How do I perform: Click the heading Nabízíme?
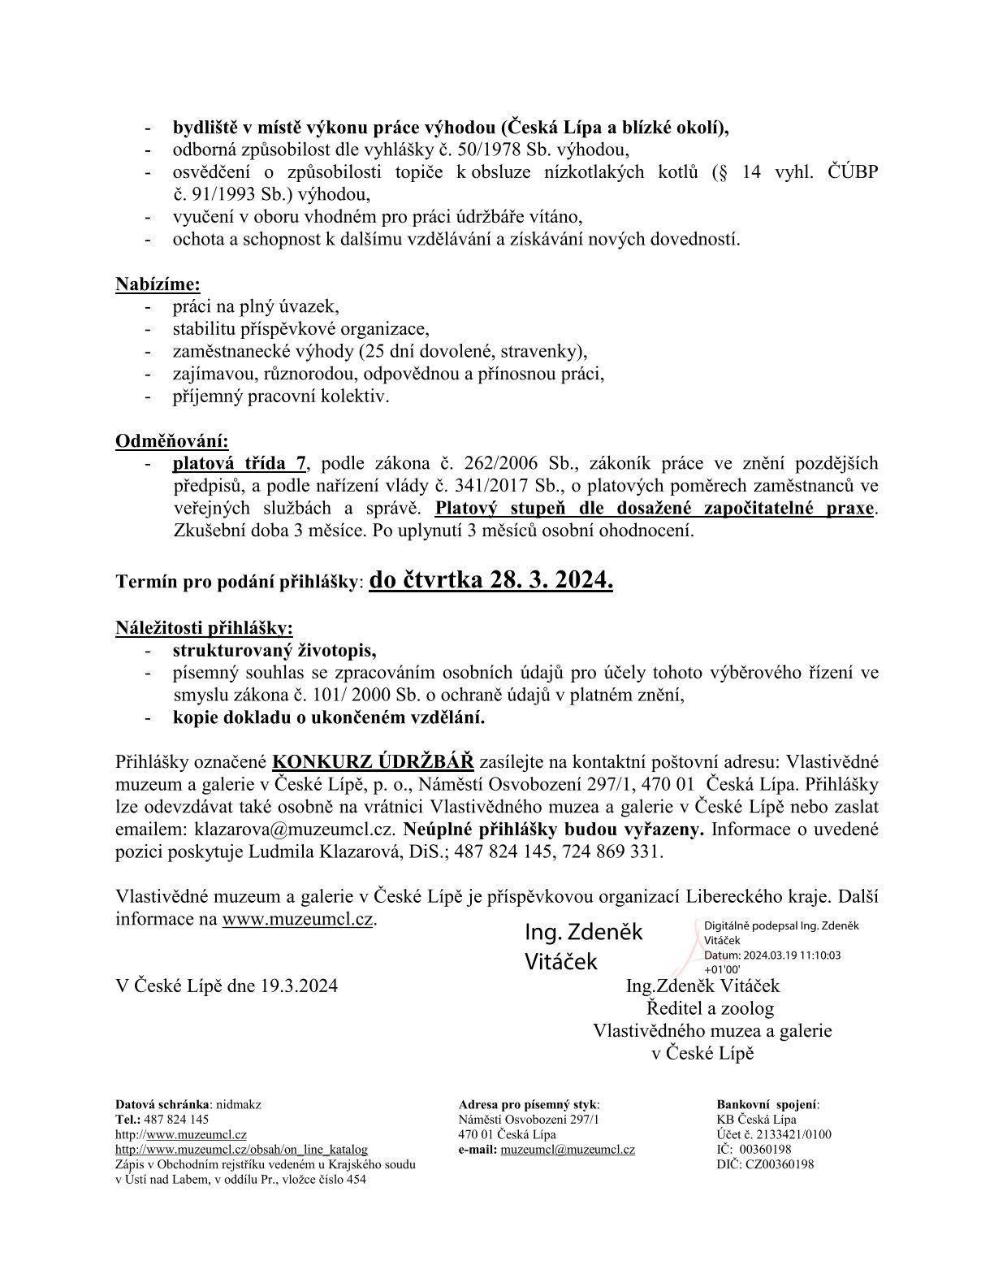(x=158, y=284)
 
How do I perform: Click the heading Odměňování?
(x=172, y=441)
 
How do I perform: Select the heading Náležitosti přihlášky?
(x=204, y=628)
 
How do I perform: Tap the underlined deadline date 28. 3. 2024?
(x=491, y=580)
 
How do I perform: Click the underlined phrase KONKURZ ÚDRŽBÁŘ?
(x=373, y=763)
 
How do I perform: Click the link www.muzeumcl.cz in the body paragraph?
(x=297, y=920)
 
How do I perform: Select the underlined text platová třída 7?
(x=240, y=464)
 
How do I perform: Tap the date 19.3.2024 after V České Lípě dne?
(x=299, y=986)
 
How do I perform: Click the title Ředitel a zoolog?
(x=711, y=1009)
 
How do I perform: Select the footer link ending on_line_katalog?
(x=241, y=1150)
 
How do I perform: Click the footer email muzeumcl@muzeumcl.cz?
(x=568, y=1150)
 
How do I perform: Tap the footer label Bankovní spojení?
(x=767, y=1105)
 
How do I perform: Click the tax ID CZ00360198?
(x=780, y=1164)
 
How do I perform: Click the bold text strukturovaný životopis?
(x=274, y=651)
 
